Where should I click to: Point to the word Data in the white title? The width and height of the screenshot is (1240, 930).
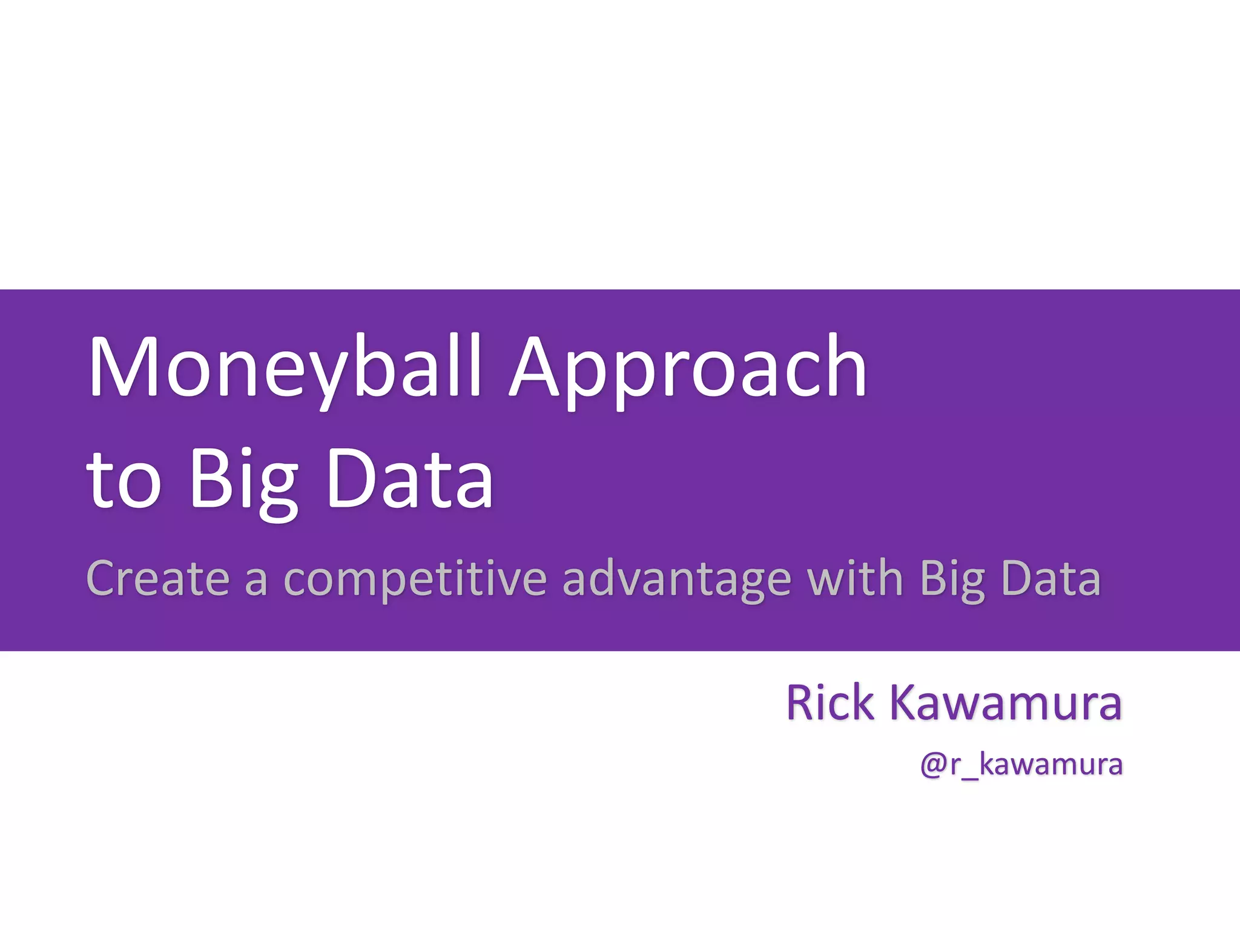click(x=410, y=478)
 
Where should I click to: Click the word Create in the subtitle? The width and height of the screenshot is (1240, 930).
click(x=158, y=578)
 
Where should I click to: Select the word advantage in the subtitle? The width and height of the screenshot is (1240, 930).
click(x=676, y=580)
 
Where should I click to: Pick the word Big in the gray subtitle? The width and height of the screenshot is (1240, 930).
click(x=952, y=580)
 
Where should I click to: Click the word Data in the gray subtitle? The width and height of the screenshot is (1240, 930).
click(x=1050, y=578)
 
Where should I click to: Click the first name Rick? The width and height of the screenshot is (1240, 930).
click(x=830, y=703)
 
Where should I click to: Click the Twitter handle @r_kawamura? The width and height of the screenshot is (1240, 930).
click(x=1021, y=765)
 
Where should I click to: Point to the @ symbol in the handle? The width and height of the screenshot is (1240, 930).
click(x=933, y=765)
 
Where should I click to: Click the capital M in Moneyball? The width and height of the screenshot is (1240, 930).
click(x=124, y=366)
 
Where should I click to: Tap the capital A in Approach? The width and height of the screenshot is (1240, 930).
click(x=534, y=366)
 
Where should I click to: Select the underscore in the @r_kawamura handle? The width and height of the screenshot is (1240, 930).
click(x=970, y=778)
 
